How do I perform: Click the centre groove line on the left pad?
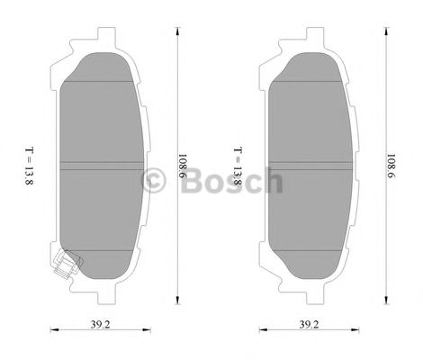(100, 164)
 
